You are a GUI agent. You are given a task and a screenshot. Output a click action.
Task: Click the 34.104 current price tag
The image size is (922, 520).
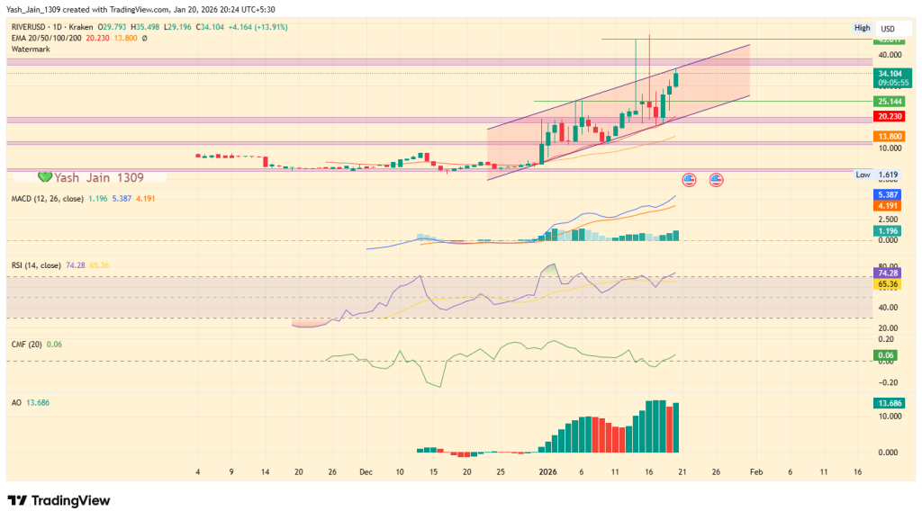890,73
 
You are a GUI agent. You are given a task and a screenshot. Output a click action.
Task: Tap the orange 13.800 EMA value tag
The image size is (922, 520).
890,135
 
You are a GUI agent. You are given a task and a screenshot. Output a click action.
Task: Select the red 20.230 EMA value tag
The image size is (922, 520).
890,115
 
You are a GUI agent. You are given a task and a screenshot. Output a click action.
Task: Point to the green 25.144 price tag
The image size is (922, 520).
890,102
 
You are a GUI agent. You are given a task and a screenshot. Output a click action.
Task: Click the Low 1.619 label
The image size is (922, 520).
878,175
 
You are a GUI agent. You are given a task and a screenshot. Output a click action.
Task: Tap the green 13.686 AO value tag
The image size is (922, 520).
890,404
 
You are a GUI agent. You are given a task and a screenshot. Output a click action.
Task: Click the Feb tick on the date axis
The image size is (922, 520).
756,471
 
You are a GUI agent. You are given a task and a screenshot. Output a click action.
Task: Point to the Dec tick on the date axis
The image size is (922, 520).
366,471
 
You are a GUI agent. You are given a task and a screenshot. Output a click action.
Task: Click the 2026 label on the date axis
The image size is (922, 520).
548,471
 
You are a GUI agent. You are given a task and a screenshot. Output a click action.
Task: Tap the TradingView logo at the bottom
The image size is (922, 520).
59,500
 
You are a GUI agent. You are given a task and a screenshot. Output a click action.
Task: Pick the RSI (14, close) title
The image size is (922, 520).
36,265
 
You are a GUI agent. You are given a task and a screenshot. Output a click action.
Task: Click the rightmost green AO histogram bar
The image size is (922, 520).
676,428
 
